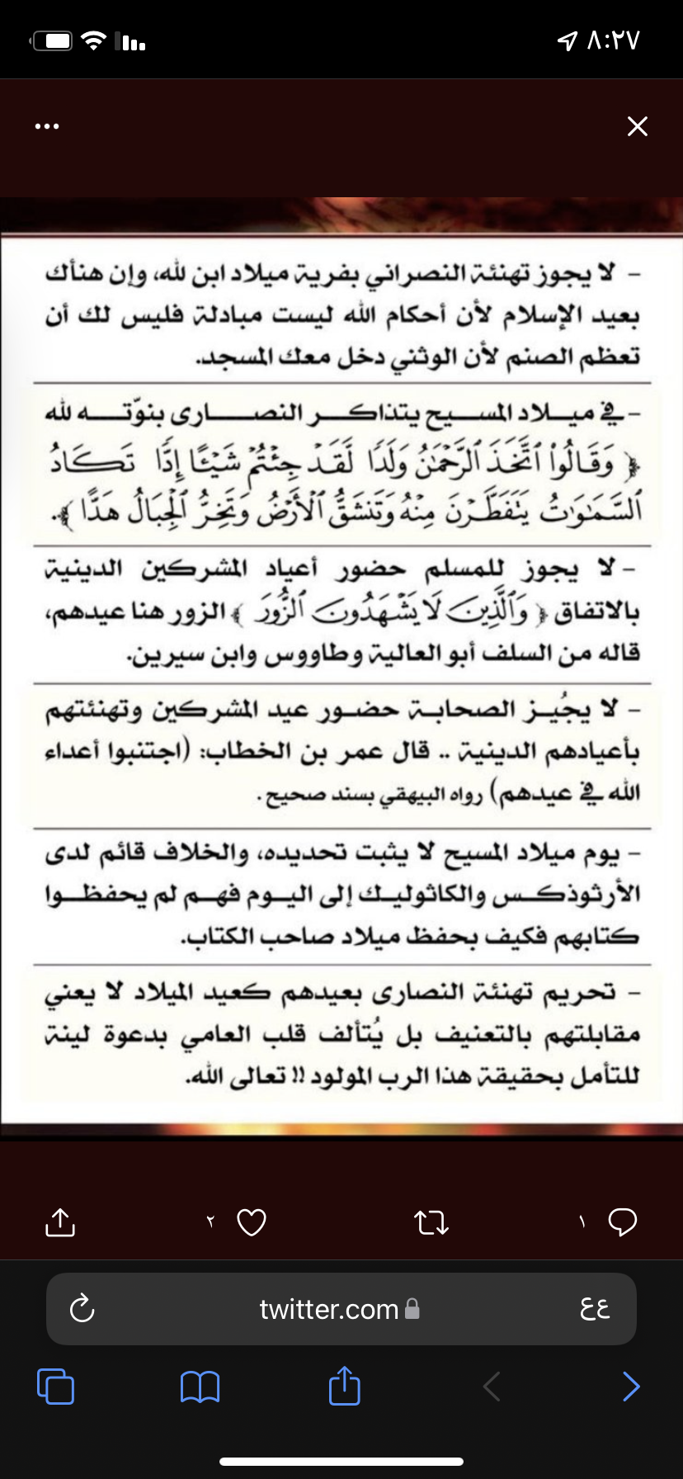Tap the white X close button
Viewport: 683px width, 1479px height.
pyautogui.click(x=638, y=126)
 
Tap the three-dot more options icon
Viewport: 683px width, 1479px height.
pyautogui.click(x=47, y=126)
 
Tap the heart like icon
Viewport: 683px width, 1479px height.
pyautogui.click(x=252, y=1222)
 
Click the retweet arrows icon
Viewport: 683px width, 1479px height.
pyautogui.click(x=431, y=1222)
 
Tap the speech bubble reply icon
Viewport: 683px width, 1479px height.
pyautogui.click(x=622, y=1221)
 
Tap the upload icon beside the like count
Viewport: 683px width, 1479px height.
pyautogui.click(x=60, y=1222)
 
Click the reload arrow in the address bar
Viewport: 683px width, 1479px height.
pyautogui.click(x=82, y=1308)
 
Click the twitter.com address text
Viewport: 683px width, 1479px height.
pyautogui.click(x=328, y=1309)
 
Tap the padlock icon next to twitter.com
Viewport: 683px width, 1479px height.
pyautogui.click(x=412, y=1309)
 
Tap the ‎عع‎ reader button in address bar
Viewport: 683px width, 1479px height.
pyautogui.click(x=595, y=1308)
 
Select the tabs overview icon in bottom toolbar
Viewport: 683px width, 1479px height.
pyautogui.click(x=56, y=1387)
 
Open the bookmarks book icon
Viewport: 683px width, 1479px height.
pyautogui.click(x=200, y=1387)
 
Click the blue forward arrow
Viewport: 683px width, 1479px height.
pyautogui.click(x=631, y=1387)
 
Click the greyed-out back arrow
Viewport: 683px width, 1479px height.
pyautogui.click(x=492, y=1387)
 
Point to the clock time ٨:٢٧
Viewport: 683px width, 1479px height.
pyautogui.click(x=613, y=40)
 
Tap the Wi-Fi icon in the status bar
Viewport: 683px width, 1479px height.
pyautogui.click(x=96, y=40)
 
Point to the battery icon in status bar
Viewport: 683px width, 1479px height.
pyautogui.click(x=53, y=40)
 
